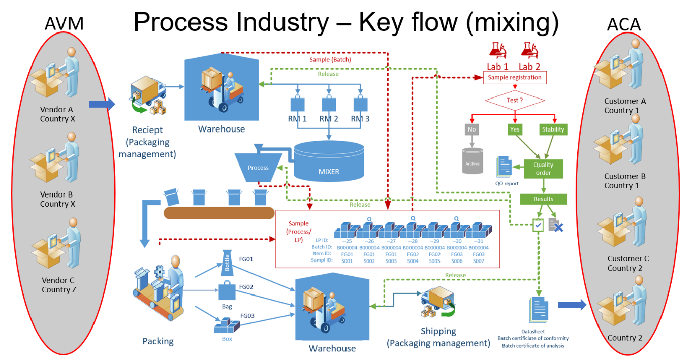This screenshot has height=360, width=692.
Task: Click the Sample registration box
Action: (x=515, y=78)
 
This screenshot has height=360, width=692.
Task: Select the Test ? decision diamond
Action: (x=515, y=100)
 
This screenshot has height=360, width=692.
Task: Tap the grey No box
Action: (x=472, y=129)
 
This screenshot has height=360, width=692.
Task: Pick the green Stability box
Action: (x=553, y=129)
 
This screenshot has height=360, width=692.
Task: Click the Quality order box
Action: (x=543, y=169)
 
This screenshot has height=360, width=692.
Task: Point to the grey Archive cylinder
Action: (x=473, y=161)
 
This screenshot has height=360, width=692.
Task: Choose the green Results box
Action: (x=543, y=199)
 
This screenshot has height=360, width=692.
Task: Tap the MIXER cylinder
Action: (x=329, y=161)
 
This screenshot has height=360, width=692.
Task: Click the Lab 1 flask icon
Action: (x=497, y=50)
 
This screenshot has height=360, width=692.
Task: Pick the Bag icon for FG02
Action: (x=227, y=291)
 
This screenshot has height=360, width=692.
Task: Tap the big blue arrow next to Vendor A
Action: (x=102, y=104)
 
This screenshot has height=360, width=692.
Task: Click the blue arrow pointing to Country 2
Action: (x=572, y=305)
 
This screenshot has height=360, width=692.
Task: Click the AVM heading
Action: (x=64, y=24)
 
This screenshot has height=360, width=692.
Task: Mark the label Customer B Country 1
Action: (x=624, y=181)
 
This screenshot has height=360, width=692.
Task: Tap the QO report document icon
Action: (x=506, y=167)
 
